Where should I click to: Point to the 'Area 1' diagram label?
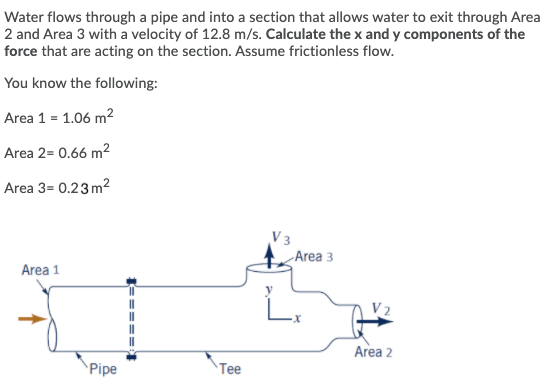tap(41, 270)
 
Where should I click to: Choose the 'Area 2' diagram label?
tap(373, 352)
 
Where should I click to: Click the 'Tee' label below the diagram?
tap(231, 367)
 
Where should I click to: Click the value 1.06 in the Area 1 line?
tap(79, 118)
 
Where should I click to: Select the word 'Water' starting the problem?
tap(25, 16)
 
